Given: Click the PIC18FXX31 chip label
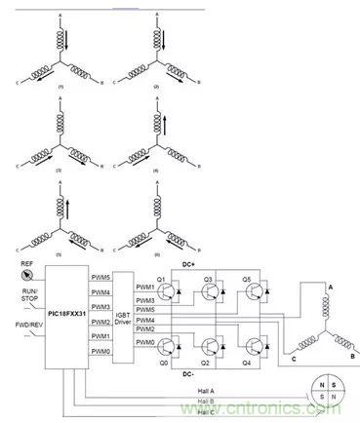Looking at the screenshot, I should click(x=66, y=314).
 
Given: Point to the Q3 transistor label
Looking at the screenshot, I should click(x=207, y=278).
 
